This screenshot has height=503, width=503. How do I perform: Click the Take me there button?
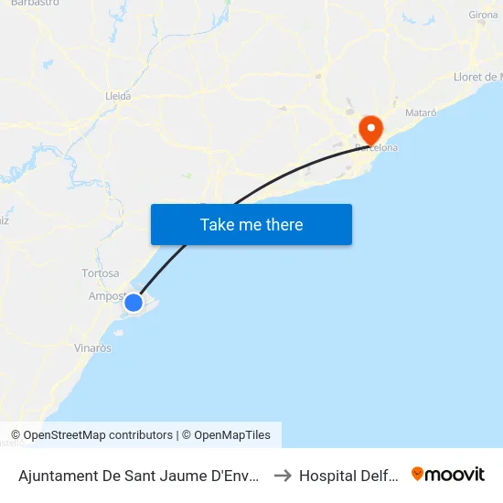[x=251, y=224]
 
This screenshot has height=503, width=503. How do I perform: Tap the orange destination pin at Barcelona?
[x=371, y=129]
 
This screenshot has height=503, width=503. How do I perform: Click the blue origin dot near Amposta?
[x=134, y=302]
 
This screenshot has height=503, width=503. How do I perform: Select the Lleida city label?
[x=119, y=95]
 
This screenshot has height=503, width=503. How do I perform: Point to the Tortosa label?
[x=101, y=273]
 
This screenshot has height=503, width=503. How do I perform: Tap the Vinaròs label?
[x=92, y=348]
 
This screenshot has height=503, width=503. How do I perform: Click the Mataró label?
[x=421, y=112]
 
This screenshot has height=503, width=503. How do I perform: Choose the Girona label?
[x=483, y=16]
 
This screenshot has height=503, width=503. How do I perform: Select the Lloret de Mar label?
[x=478, y=77]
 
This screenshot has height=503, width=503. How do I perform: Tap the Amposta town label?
[x=105, y=295]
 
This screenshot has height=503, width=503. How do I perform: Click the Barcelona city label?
[x=377, y=146]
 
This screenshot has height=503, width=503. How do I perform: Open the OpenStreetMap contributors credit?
[x=91, y=435]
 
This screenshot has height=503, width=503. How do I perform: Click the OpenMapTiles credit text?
[x=226, y=435]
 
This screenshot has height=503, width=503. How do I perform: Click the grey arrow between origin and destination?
[x=283, y=476]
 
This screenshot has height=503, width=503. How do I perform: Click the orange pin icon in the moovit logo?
[x=418, y=475]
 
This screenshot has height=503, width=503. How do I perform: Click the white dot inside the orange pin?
[x=371, y=124]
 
